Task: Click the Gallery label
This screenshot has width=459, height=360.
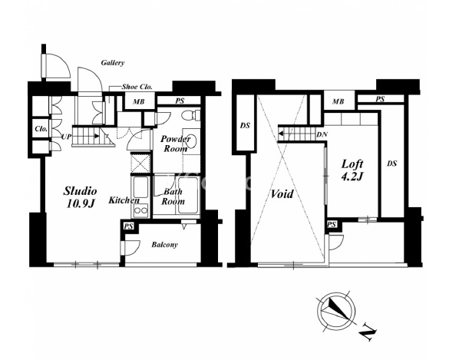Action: [113, 63]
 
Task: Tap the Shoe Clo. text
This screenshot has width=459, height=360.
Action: [137, 87]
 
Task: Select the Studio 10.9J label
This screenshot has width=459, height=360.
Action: [80, 197]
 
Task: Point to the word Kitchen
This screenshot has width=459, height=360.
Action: [124, 200]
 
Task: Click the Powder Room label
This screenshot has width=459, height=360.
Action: [176, 144]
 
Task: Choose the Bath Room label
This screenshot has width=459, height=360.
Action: [173, 197]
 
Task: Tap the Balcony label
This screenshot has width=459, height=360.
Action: [164, 245]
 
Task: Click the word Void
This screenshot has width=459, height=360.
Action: [282, 193]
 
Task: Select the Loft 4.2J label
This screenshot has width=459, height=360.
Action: [352, 170]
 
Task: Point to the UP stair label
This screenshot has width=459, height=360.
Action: [67, 137]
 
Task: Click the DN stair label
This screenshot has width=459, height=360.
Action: [322, 134]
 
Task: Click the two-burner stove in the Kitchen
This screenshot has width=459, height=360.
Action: [140, 210]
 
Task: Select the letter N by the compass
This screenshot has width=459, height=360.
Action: [368, 332]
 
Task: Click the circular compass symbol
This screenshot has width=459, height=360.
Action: [337, 312]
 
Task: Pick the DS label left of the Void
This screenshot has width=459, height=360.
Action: [245, 126]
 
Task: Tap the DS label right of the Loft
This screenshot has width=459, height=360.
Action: [391, 163]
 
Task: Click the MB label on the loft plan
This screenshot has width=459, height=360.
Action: [338, 101]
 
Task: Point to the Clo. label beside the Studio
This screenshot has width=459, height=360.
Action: [41, 129]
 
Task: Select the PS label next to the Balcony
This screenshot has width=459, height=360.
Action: [128, 226]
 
